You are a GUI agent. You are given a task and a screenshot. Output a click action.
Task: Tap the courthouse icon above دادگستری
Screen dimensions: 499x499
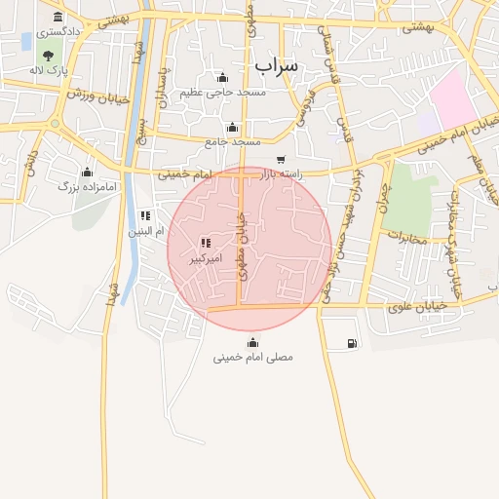click(x=58, y=18)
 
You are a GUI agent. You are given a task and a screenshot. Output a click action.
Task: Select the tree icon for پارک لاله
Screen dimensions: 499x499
click(x=48, y=55)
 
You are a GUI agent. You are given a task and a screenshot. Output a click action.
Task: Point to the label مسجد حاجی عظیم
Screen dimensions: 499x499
click(x=222, y=92)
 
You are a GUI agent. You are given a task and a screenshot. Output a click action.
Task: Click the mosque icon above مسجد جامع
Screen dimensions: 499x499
click(x=232, y=128)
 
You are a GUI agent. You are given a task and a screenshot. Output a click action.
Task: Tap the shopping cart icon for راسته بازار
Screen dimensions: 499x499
click(x=281, y=160)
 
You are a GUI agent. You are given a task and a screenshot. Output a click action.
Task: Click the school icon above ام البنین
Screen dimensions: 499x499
click(x=145, y=215)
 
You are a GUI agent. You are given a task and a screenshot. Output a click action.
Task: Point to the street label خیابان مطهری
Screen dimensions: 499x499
click(x=241, y=249)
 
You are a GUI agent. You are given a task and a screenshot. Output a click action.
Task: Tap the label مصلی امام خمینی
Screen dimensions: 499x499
click(x=253, y=358)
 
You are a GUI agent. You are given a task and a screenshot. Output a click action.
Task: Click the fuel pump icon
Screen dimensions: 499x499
click(x=351, y=343)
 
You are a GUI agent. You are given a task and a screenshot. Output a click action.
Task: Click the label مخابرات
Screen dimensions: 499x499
click(x=407, y=237)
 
